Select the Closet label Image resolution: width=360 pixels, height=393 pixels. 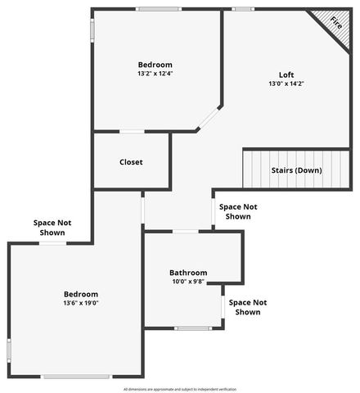(131, 162)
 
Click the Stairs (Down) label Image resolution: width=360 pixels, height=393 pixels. (296, 170)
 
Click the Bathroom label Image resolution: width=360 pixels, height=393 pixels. (188, 273)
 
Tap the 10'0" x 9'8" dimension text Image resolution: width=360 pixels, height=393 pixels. (188, 282)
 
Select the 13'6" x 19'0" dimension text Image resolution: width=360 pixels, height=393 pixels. (81, 303)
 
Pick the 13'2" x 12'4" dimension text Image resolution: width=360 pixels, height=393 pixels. (155, 74)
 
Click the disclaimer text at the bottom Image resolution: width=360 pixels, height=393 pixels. (179, 389)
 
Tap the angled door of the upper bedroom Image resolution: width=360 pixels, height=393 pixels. (208, 118)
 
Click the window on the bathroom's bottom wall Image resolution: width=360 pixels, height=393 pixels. (193, 328)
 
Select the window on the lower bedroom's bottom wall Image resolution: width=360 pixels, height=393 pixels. (76, 377)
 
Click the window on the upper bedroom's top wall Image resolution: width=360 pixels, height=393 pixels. (159, 9)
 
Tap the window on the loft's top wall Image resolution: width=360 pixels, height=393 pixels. (242, 9)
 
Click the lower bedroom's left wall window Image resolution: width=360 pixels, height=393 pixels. (9, 350)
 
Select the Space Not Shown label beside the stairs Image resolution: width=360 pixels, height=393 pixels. (238, 212)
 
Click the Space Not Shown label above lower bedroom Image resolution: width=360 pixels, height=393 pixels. (52, 227)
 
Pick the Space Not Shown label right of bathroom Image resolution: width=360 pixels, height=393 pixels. (247, 307)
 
